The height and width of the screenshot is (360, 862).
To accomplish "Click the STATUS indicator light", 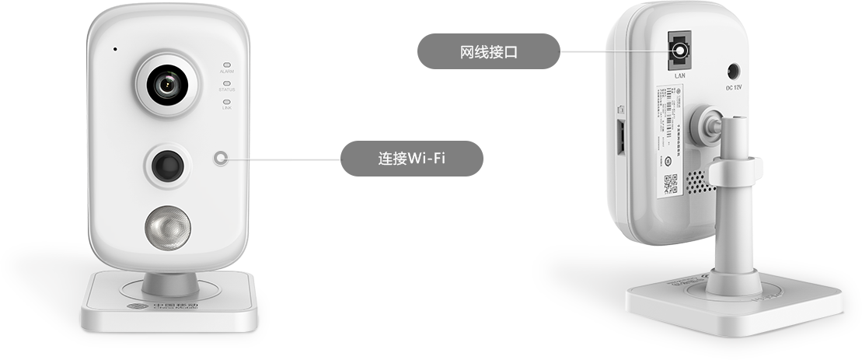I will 227,83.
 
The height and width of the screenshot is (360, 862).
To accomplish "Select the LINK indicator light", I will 227,101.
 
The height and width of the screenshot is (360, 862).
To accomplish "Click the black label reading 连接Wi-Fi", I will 412,159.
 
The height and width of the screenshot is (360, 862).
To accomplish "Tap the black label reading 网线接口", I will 488,52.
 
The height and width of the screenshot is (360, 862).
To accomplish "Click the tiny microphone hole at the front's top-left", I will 115,50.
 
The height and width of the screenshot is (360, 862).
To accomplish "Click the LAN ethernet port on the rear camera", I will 679,51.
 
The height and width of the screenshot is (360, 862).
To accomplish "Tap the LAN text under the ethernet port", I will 679,76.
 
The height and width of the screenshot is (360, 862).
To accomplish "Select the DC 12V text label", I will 734,88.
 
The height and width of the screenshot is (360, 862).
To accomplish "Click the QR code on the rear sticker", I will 670,185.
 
